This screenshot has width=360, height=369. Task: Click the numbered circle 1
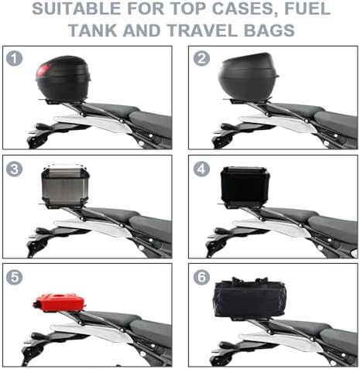tap(14, 58)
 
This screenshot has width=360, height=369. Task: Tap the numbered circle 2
tap(201, 58)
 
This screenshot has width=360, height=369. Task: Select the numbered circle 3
tap(14, 169)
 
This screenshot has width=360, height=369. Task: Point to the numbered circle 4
tap(201, 169)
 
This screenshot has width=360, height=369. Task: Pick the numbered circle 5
tap(14, 277)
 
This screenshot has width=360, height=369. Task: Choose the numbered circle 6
tap(201, 277)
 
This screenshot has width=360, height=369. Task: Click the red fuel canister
tap(59, 302)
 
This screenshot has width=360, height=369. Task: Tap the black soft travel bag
tap(249, 298)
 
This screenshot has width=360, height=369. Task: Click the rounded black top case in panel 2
tap(247, 77)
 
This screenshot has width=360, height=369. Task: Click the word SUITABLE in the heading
tap(77, 9)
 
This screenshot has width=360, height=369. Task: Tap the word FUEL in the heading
tap(307, 9)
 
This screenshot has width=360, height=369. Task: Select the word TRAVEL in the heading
tap(204, 30)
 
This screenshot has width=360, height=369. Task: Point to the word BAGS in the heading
tap(269, 30)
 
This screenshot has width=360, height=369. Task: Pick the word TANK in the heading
tap(94, 30)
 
